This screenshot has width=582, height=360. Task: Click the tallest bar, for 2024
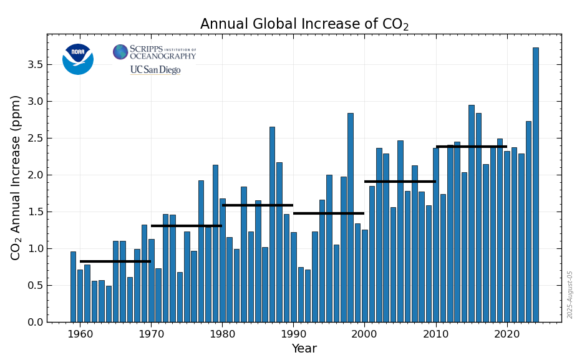(535, 185)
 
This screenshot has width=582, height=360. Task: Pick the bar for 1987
(272, 225)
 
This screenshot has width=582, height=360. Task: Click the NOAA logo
(78, 59)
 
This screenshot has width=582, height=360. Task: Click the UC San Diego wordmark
(155, 70)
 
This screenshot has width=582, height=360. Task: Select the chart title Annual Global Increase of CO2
(304, 24)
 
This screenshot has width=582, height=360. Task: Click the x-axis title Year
(304, 349)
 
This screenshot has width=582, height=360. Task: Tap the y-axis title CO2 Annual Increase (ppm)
(16, 177)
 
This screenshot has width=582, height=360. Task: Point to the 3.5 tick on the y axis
(34, 65)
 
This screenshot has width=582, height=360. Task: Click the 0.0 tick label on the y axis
(34, 323)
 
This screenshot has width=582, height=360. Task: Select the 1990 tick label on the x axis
(293, 334)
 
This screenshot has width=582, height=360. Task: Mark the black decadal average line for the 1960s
(115, 261)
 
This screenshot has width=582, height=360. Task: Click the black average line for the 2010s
(471, 147)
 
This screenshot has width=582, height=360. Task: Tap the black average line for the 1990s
(329, 213)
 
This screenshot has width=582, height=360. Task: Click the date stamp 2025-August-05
(570, 294)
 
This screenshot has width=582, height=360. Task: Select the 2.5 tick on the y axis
(34, 139)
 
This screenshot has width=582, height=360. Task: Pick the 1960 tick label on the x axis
(80, 334)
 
